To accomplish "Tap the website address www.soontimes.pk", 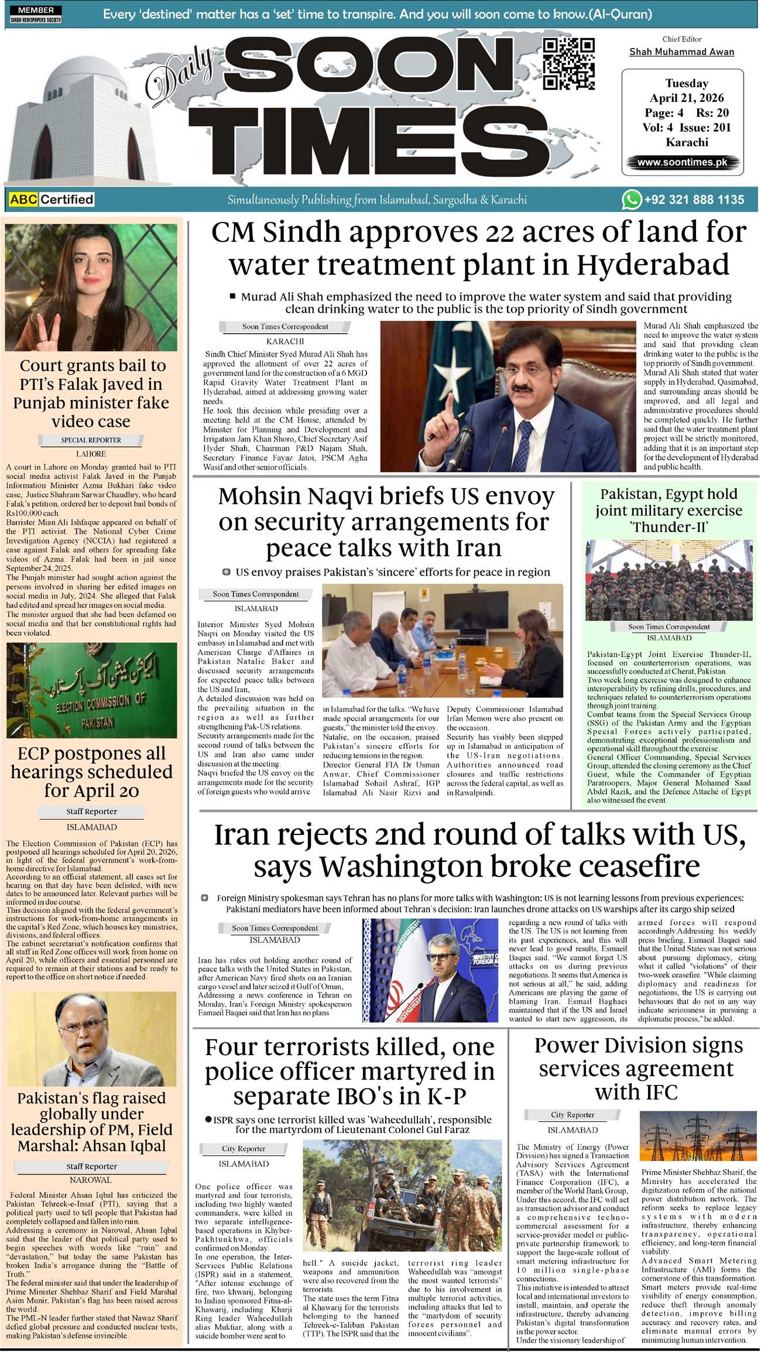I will tap(682, 162).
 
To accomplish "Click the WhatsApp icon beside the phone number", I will tap(631, 200).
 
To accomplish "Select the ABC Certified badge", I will tap(52, 200).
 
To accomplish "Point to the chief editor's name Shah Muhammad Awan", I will tap(681, 52).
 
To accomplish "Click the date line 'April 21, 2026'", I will tap(687, 98).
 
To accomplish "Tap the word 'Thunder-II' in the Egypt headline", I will tap(669, 527).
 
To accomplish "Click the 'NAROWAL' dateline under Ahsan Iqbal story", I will tap(90, 1180).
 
